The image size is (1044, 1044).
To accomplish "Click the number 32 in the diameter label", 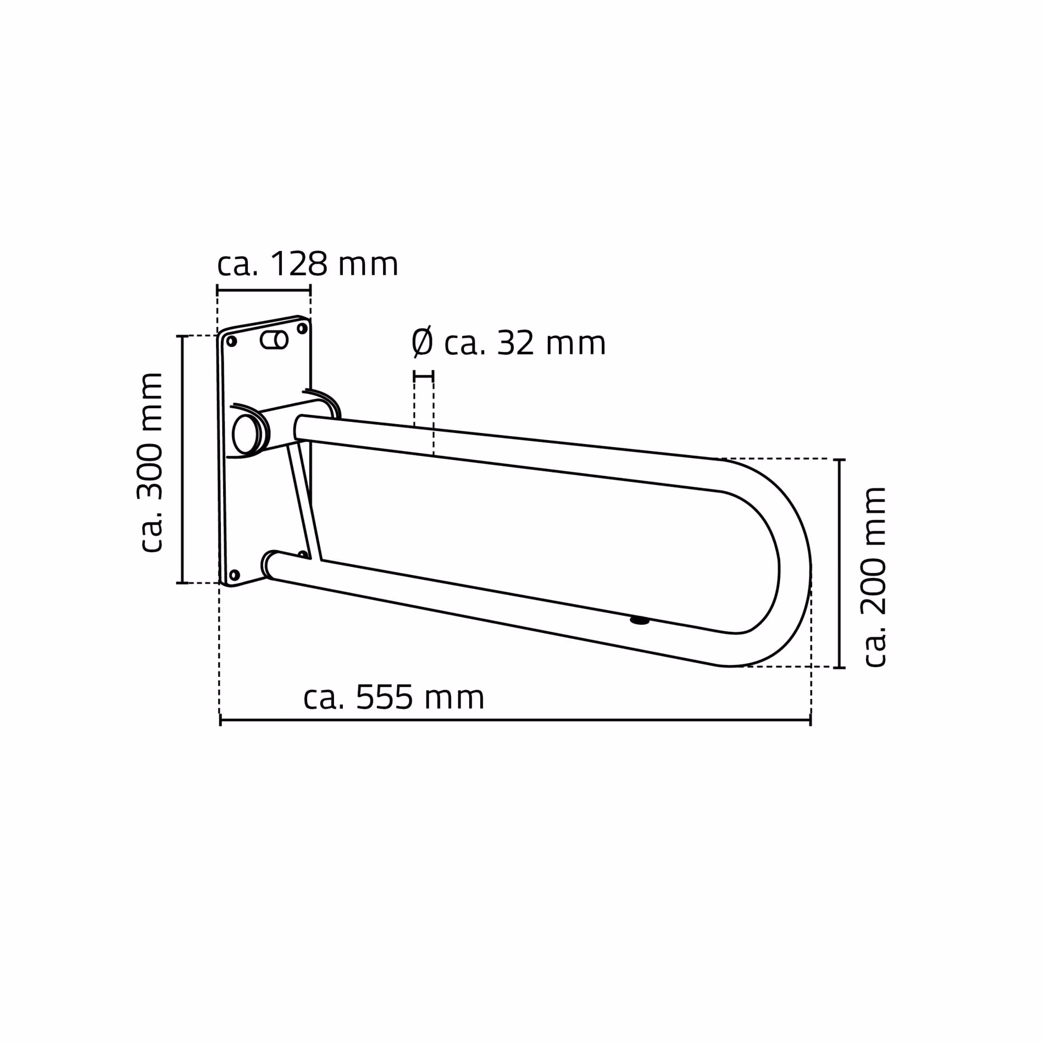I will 515,343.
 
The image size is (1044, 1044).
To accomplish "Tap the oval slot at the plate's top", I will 274,340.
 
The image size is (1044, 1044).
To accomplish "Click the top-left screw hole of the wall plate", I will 232,341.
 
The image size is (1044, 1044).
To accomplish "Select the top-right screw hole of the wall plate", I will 302,329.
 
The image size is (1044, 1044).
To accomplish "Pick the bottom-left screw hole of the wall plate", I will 234,575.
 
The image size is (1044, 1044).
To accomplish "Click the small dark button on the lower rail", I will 640,621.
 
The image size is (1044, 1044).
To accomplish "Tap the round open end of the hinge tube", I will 245,434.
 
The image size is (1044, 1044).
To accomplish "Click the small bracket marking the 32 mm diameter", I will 424,376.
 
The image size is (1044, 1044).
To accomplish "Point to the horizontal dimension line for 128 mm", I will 264,290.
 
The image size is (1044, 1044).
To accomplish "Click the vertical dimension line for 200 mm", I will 839,563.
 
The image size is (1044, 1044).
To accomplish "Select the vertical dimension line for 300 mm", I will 182,459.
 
